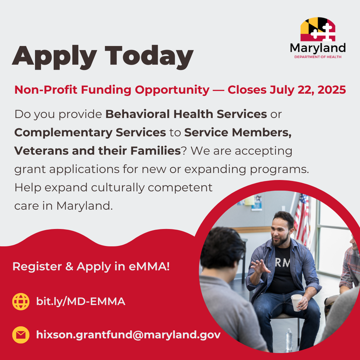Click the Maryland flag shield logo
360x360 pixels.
pyautogui.click(x=318, y=30)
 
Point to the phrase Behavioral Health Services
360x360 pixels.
pyautogui.click(x=186, y=114)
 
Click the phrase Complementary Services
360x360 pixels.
pyautogui.click(x=90, y=133)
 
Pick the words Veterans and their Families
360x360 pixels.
pyautogui.click(x=97, y=151)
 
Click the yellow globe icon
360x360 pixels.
pyautogui.click(x=21, y=302)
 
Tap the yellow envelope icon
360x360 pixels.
pyautogui.click(x=21, y=335)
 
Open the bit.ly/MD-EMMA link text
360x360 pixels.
pyautogui.click(x=81, y=302)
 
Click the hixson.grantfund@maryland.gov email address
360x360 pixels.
pyautogui.click(x=128, y=335)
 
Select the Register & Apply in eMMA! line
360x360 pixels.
pyautogui.click(x=91, y=267)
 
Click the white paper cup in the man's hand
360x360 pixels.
pyautogui.click(x=296, y=302)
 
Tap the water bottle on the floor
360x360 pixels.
pyautogui.click(x=289, y=339)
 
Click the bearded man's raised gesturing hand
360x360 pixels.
pyautogui.click(x=260, y=267)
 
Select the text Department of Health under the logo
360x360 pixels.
pyautogui.click(x=318, y=57)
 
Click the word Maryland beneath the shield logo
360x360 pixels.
pyautogui.click(x=318, y=48)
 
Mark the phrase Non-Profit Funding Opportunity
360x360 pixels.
pyautogui.click(x=112, y=90)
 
